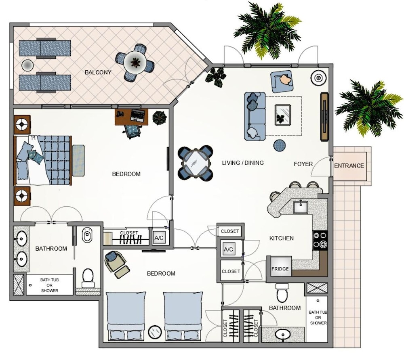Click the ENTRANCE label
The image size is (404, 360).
click(349, 166)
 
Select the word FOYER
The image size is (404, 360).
click(303, 164)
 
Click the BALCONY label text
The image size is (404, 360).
click(98, 72)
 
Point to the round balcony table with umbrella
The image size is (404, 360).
click(135, 63)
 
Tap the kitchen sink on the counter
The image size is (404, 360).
click(300, 207)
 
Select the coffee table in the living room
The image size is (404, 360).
click(283, 115)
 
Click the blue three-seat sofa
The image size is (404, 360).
click(255, 116)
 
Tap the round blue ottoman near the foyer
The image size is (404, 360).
click(279, 145)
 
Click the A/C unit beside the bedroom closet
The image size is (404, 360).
click(159, 238)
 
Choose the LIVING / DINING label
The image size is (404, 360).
click(243, 163)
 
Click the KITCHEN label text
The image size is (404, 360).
click(281, 238)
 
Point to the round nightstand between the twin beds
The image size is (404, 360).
click(155, 332)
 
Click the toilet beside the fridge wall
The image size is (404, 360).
click(282, 293)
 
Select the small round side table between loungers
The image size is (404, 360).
click(27, 65)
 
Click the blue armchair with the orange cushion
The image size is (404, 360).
click(282, 81)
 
